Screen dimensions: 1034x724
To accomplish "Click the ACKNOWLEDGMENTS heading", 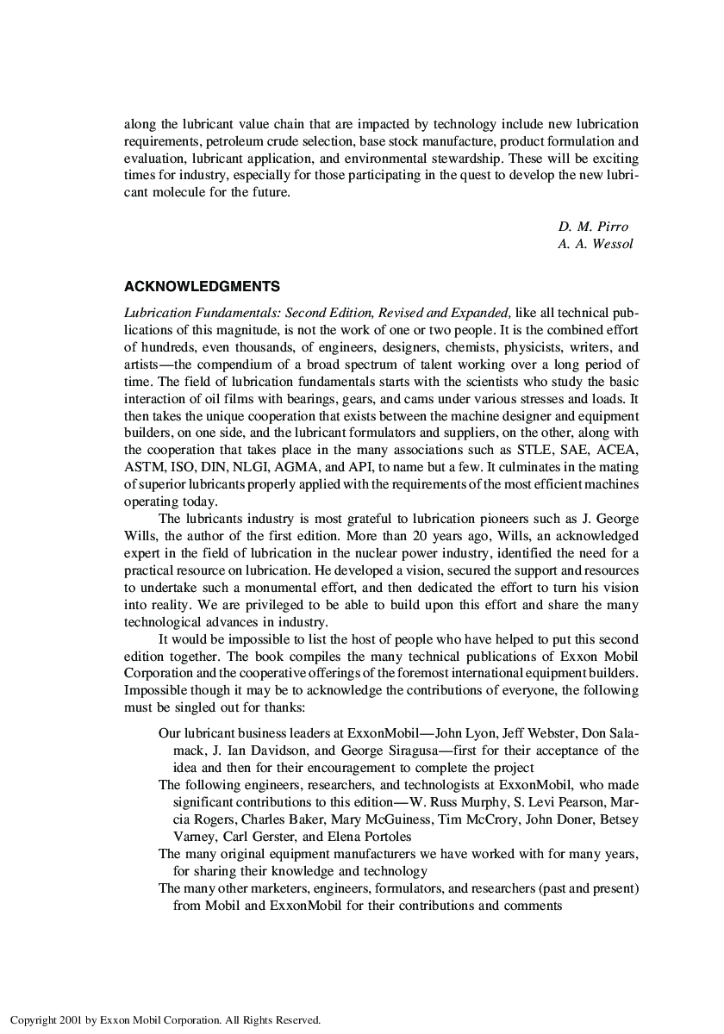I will click(202, 286).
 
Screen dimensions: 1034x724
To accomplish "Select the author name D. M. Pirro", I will click(593, 227).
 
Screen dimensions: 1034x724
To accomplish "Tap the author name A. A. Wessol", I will click(596, 244).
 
